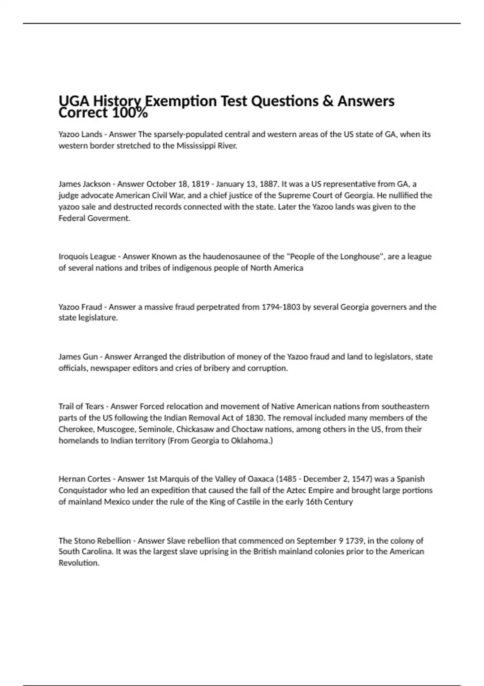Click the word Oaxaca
(259, 479)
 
